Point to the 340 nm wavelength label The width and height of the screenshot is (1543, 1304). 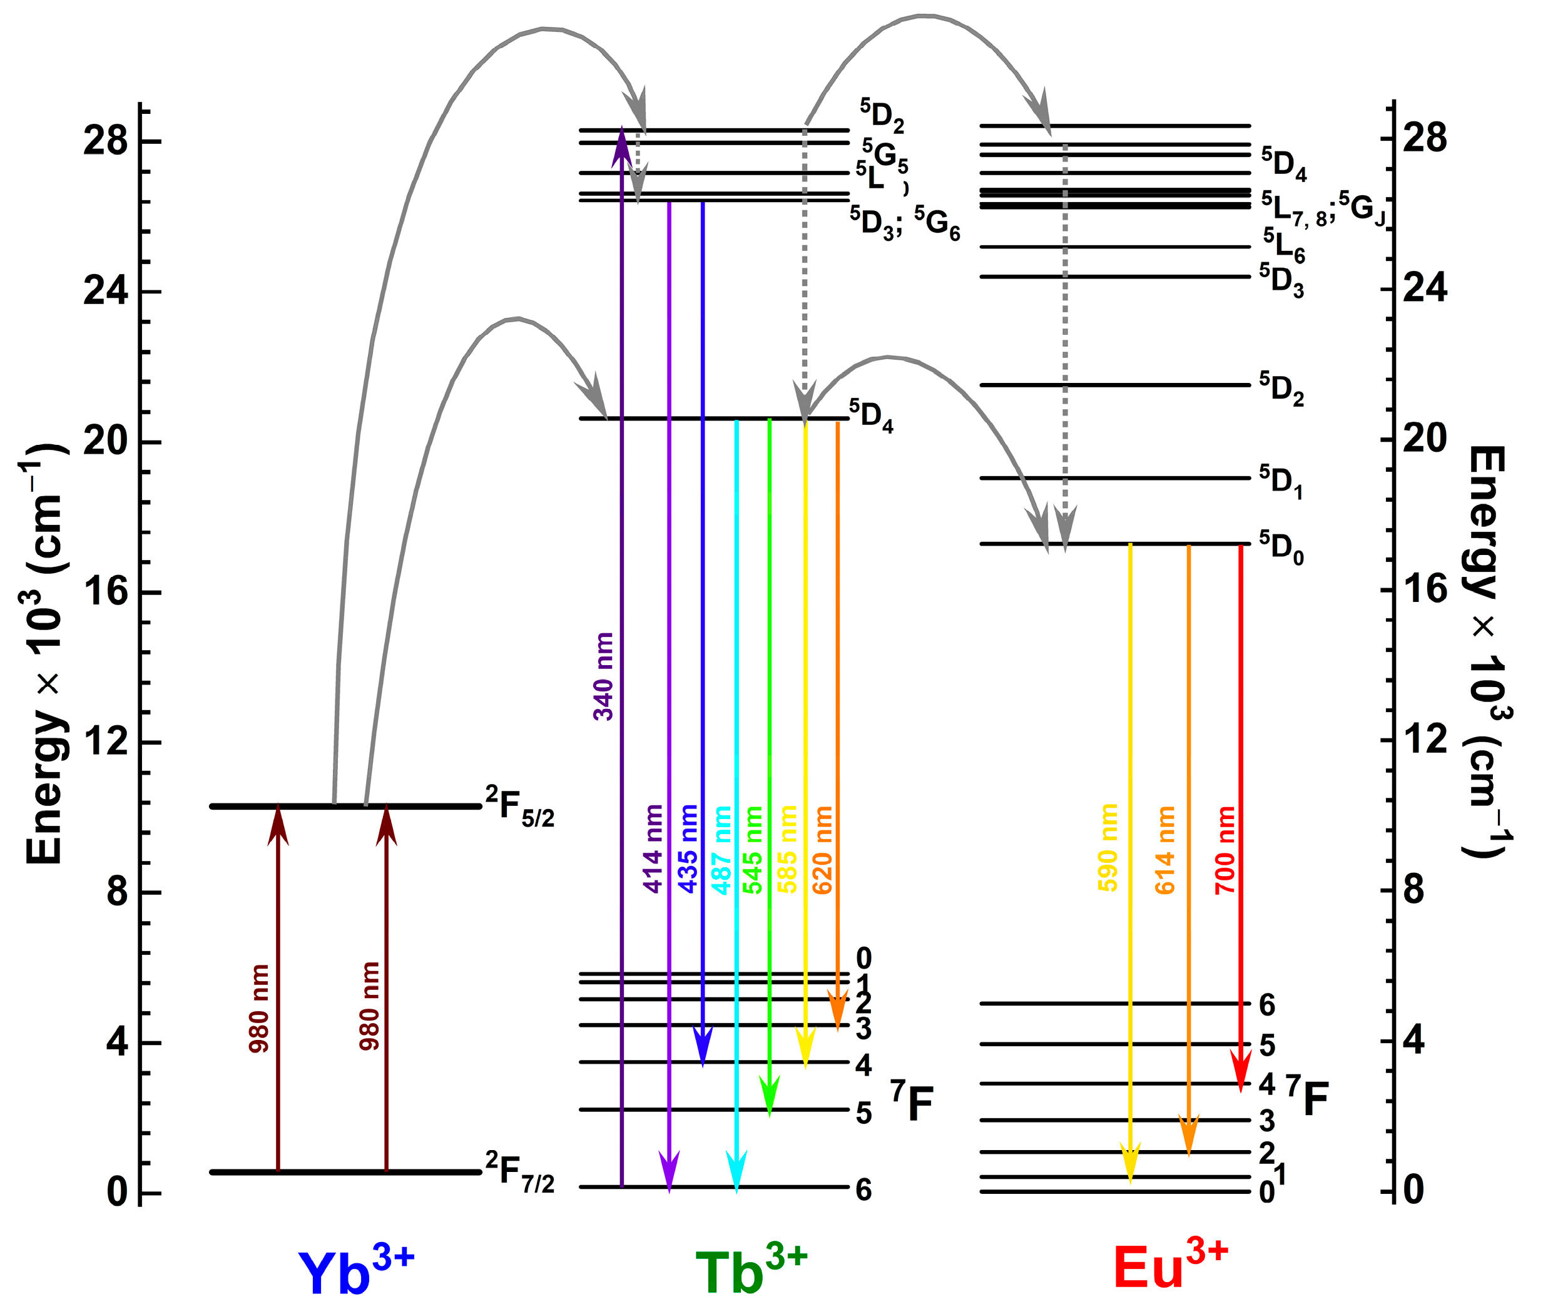click(x=604, y=676)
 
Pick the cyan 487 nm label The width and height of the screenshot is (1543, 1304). click(x=721, y=850)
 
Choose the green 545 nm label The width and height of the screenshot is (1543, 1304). click(x=753, y=850)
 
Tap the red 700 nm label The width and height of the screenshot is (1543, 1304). click(x=1225, y=850)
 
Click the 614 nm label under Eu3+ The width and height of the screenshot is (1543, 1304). click(x=1164, y=850)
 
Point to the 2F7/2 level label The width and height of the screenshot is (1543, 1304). click(x=520, y=1173)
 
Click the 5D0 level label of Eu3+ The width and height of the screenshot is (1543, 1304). click(x=1281, y=548)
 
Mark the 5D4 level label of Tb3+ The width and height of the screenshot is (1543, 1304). click(x=871, y=416)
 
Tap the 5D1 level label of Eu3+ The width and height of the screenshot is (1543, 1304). click(x=1281, y=481)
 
